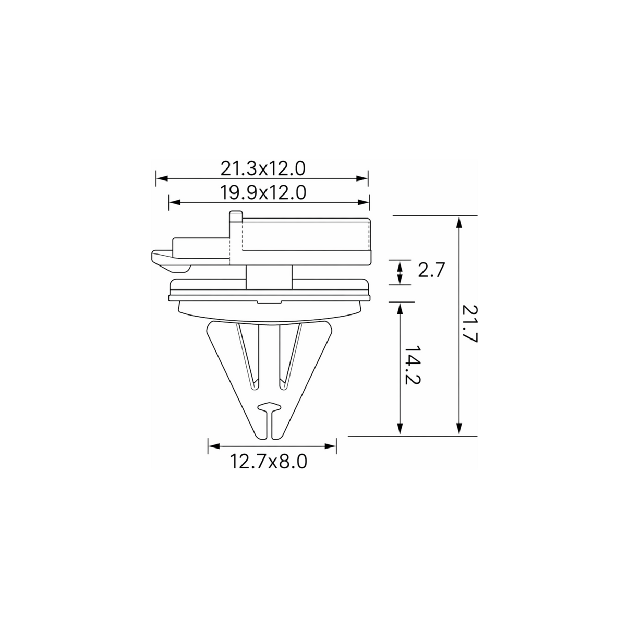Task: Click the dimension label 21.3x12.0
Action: coord(263,169)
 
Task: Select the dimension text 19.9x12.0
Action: coord(263,193)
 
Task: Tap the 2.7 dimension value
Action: coord(431,270)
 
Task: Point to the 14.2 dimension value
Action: coord(412,365)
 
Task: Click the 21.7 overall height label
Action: coord(470,324)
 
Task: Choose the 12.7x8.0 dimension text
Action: coord(269,462)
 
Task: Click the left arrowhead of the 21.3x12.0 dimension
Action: coord(162,178)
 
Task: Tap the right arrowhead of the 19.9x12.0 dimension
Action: coord(364,202)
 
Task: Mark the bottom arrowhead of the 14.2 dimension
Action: coord(400,429)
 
